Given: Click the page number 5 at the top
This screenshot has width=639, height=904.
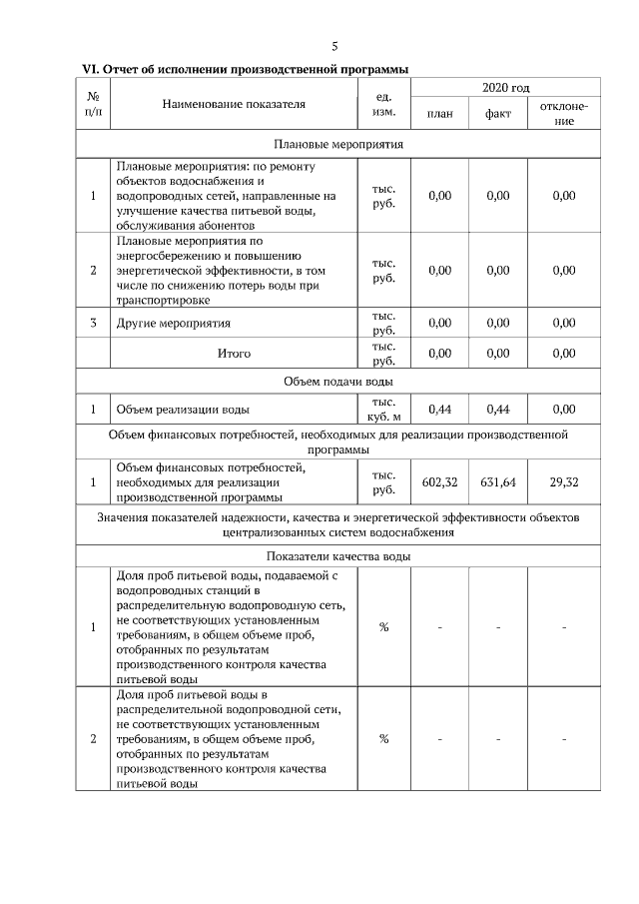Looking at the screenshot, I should (x=334, y=46).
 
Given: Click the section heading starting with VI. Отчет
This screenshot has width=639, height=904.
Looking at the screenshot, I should (x=245, y=68).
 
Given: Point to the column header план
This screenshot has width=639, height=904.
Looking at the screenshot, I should (x=439, y=114).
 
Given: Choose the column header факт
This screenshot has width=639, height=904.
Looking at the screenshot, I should (x=497, y=114).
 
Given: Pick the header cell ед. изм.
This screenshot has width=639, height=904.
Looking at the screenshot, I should (x=383, y=104).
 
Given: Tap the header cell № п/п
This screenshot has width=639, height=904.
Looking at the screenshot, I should (x=93, y=104).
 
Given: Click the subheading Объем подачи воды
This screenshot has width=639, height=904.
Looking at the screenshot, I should (x=337, y=382).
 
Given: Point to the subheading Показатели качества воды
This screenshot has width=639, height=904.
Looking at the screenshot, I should (x=337, y=556).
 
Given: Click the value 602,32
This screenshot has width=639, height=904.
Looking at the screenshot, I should (x=439, y=482).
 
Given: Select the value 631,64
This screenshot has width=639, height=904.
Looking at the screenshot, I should (x=497, y=482).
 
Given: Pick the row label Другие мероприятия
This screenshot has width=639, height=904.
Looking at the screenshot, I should (x=174, y=324).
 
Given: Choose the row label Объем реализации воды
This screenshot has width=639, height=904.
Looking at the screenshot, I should (x=183, y=410).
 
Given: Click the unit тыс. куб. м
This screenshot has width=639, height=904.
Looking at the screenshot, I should (x=383, y=410).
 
